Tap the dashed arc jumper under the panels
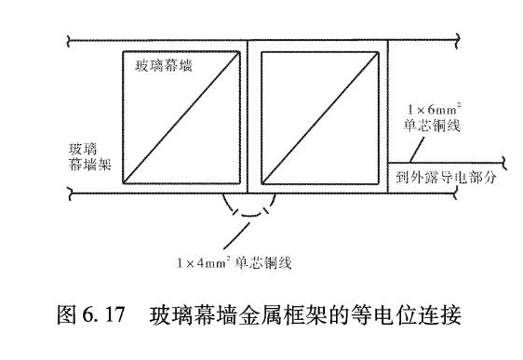[248, 212]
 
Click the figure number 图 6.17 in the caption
[90, 317]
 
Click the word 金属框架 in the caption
[290, 317]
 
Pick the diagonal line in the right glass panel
[315, 115]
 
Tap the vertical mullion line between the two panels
[248, 115]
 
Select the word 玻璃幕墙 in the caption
[186, 317]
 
